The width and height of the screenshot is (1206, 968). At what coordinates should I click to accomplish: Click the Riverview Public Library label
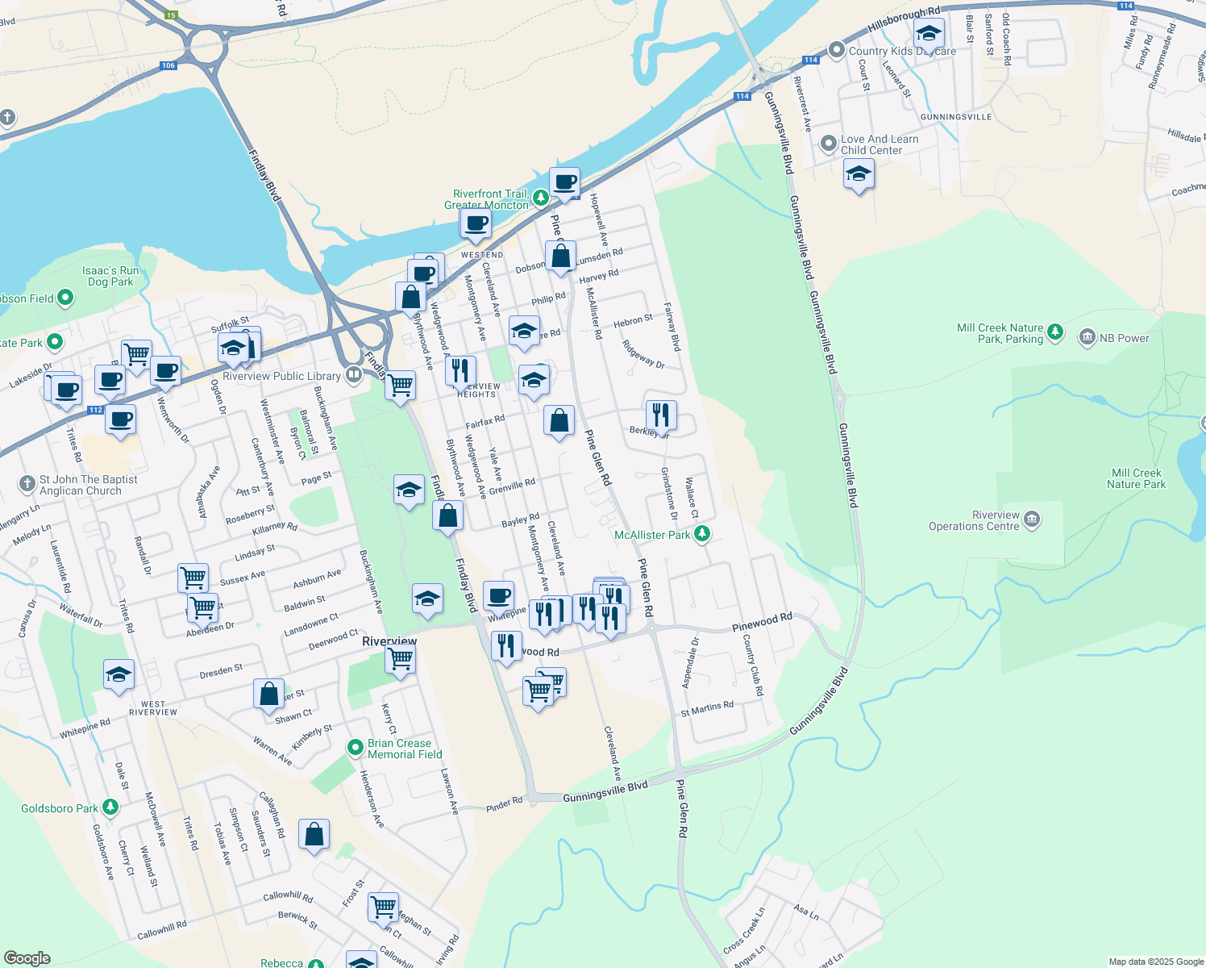coord(281,376)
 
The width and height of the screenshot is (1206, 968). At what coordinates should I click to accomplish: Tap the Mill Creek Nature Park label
coord(1136,478)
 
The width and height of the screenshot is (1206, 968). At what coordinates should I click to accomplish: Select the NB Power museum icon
coord(1087,337)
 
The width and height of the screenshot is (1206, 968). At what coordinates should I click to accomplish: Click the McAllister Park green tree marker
coord(702,534)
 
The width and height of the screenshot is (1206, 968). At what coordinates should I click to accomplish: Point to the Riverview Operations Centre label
coord(974,521)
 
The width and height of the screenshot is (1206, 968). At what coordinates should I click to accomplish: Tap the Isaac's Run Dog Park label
coord(110,277)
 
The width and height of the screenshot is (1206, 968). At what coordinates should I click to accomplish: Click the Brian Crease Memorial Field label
coord(405,749)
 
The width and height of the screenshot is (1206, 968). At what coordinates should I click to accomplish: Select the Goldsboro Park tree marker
coord(110,807)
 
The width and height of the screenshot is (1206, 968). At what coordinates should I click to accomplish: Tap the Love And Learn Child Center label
coord(880,144)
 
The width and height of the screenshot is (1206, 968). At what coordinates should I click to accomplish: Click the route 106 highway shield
coord(168,66)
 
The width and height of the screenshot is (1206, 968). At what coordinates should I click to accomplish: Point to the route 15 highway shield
coord(171,15)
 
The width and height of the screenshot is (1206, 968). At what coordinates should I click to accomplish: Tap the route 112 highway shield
coord(95,410)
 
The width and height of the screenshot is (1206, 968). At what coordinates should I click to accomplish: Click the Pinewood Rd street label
coord(762,622)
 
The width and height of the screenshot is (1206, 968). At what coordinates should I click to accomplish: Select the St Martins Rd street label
coord(707,708)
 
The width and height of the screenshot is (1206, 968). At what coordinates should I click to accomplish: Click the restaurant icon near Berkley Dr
coord(660,415)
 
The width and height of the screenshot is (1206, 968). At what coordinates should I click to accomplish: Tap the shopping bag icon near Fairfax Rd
coord(559,420)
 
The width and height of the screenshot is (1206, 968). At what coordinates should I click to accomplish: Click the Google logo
coord(27,958)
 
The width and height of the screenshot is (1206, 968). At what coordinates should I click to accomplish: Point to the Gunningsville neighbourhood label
coord(955,117)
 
